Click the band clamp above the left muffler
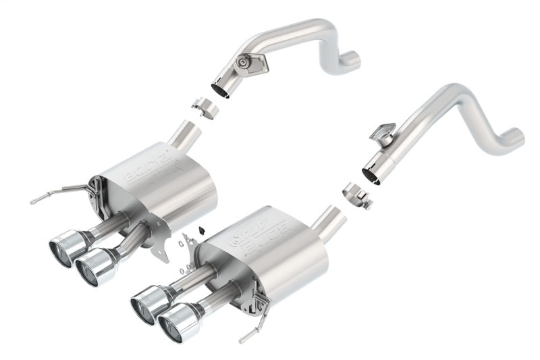tap(203, 107)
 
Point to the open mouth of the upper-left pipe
tap(221, 88)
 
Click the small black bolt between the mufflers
tap(201, 230)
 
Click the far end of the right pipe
tap(516, 136)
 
